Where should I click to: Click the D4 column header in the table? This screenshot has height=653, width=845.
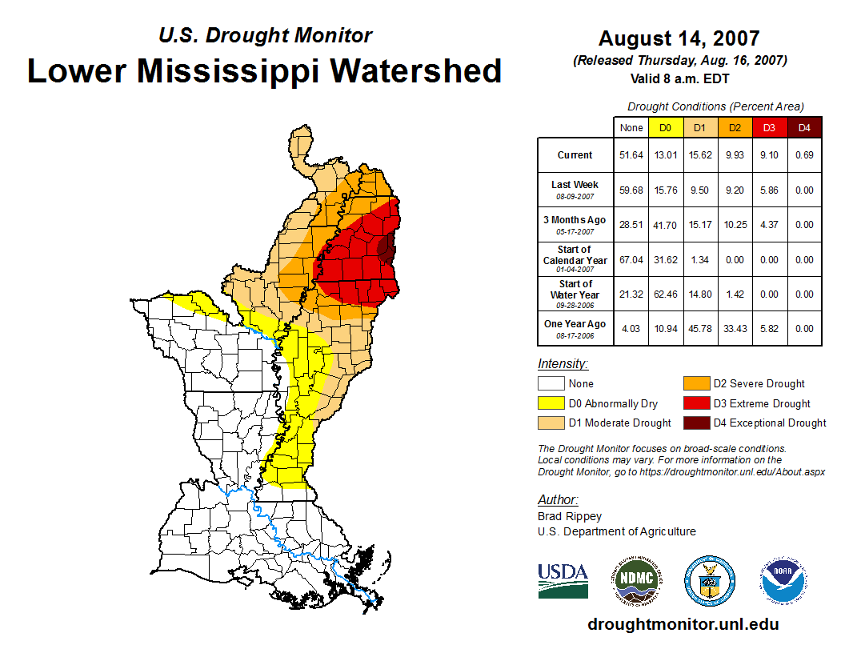(804, 127)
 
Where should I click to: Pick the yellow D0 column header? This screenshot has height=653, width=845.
(665, 127)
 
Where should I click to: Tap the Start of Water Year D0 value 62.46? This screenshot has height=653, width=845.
(665, 294)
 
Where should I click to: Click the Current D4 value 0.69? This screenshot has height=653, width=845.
(804, 155)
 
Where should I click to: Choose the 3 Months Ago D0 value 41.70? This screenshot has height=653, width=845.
(665, 225)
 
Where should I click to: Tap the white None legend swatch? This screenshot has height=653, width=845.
(551, 384)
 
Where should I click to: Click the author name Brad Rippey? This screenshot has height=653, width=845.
(570, 516)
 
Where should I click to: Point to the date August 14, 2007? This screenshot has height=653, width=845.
(679, 38)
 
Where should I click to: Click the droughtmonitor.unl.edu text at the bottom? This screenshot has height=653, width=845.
(683, 624)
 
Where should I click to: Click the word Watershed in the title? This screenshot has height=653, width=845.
(416, 70)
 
